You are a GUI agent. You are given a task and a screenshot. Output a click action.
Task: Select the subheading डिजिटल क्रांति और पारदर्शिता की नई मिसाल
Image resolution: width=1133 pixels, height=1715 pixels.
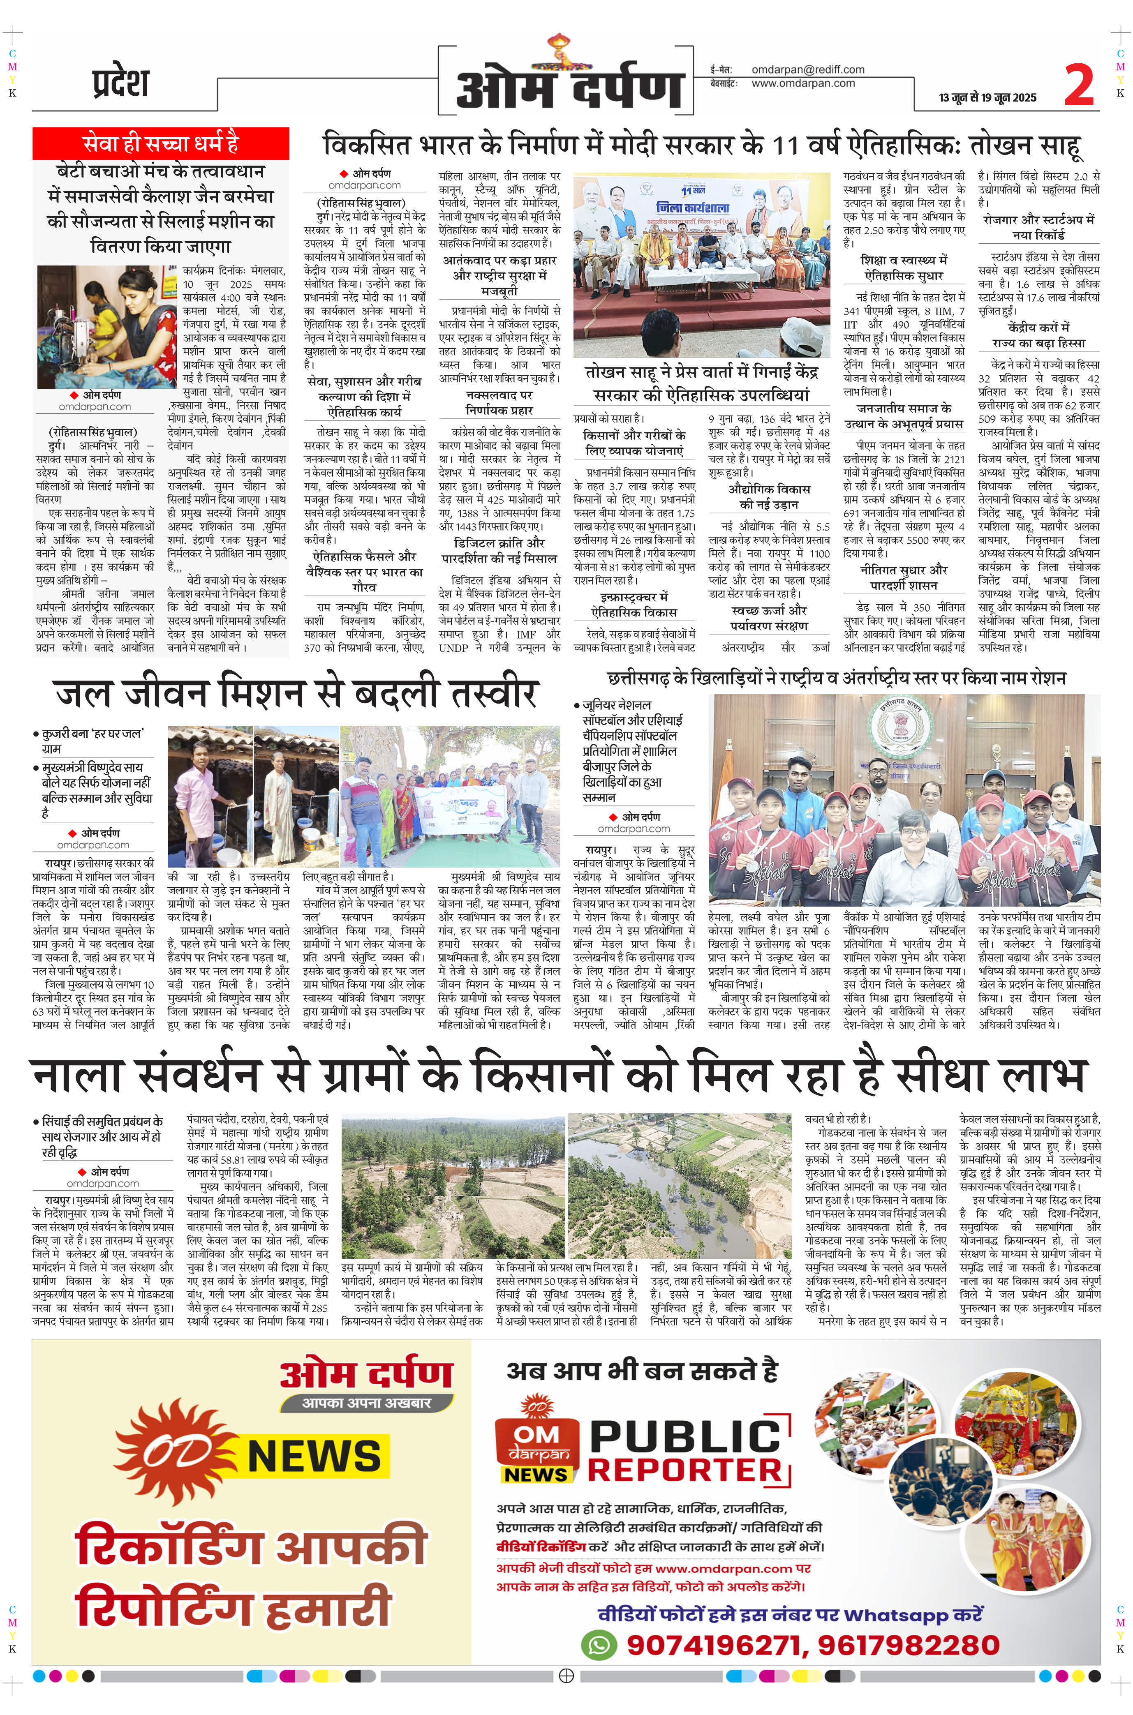coord(499,550)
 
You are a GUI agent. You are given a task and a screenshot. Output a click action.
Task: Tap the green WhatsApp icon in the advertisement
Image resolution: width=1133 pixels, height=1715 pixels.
coord(599,1644)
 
